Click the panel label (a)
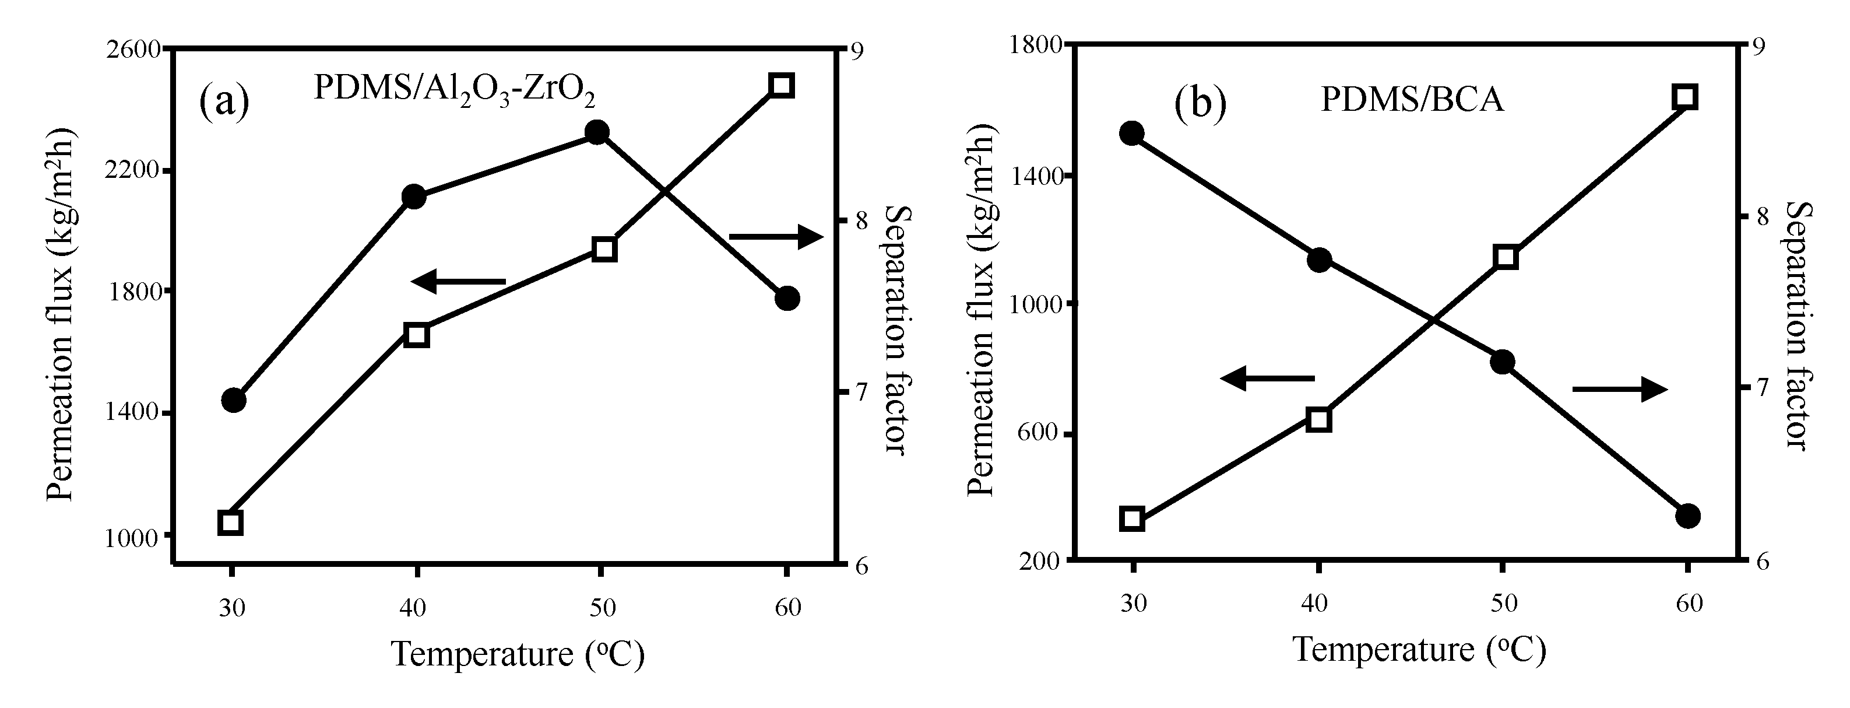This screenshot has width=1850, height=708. (x=224, y=101)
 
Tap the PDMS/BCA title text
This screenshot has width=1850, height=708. (x=1412, y=99)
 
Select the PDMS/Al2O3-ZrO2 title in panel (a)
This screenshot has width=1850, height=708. (x=454, y=89)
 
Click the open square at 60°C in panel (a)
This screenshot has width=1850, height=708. (x=782, y=85)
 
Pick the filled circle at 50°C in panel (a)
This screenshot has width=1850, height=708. (x=597, y=132)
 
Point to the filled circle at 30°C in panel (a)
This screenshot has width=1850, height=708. (x=233, y=400)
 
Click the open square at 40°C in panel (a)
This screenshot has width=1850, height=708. (x=416, y=335)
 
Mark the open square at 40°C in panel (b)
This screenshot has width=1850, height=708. (x=1318, y=419)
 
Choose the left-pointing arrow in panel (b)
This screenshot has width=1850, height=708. (x=1267, y=377)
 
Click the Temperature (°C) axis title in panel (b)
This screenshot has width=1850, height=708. (x=1419, y=650)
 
